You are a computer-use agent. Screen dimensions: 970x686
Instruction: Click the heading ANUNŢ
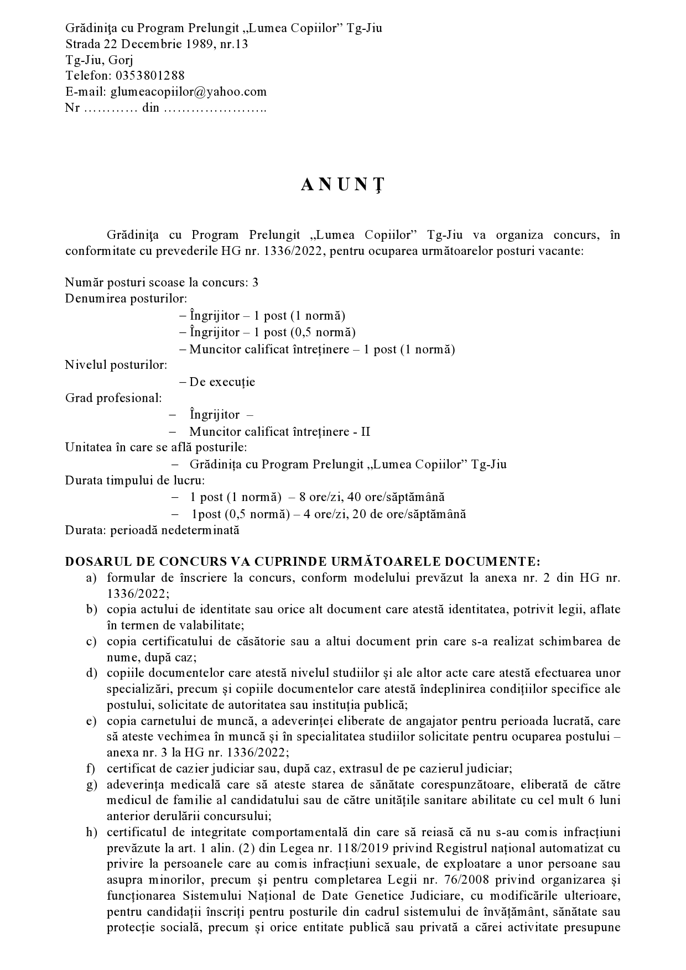click(342, 186)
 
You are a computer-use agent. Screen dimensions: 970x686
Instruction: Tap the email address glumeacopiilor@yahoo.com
click(189, 91)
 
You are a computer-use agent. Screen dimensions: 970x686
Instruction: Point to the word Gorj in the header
click(121, 60)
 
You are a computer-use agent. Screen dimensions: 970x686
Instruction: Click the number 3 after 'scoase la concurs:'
click(255, 283)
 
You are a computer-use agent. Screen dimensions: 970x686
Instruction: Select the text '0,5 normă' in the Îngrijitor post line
click(323, 332)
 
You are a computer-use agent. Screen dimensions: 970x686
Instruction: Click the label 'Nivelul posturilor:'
click(116, 365)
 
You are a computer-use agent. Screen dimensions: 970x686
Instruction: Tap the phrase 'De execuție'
click(222, 382)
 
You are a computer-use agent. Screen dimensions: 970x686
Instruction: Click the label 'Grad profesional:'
click(113, 398)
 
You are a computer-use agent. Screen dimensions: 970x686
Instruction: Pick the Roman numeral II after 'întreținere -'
click(366, 431)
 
